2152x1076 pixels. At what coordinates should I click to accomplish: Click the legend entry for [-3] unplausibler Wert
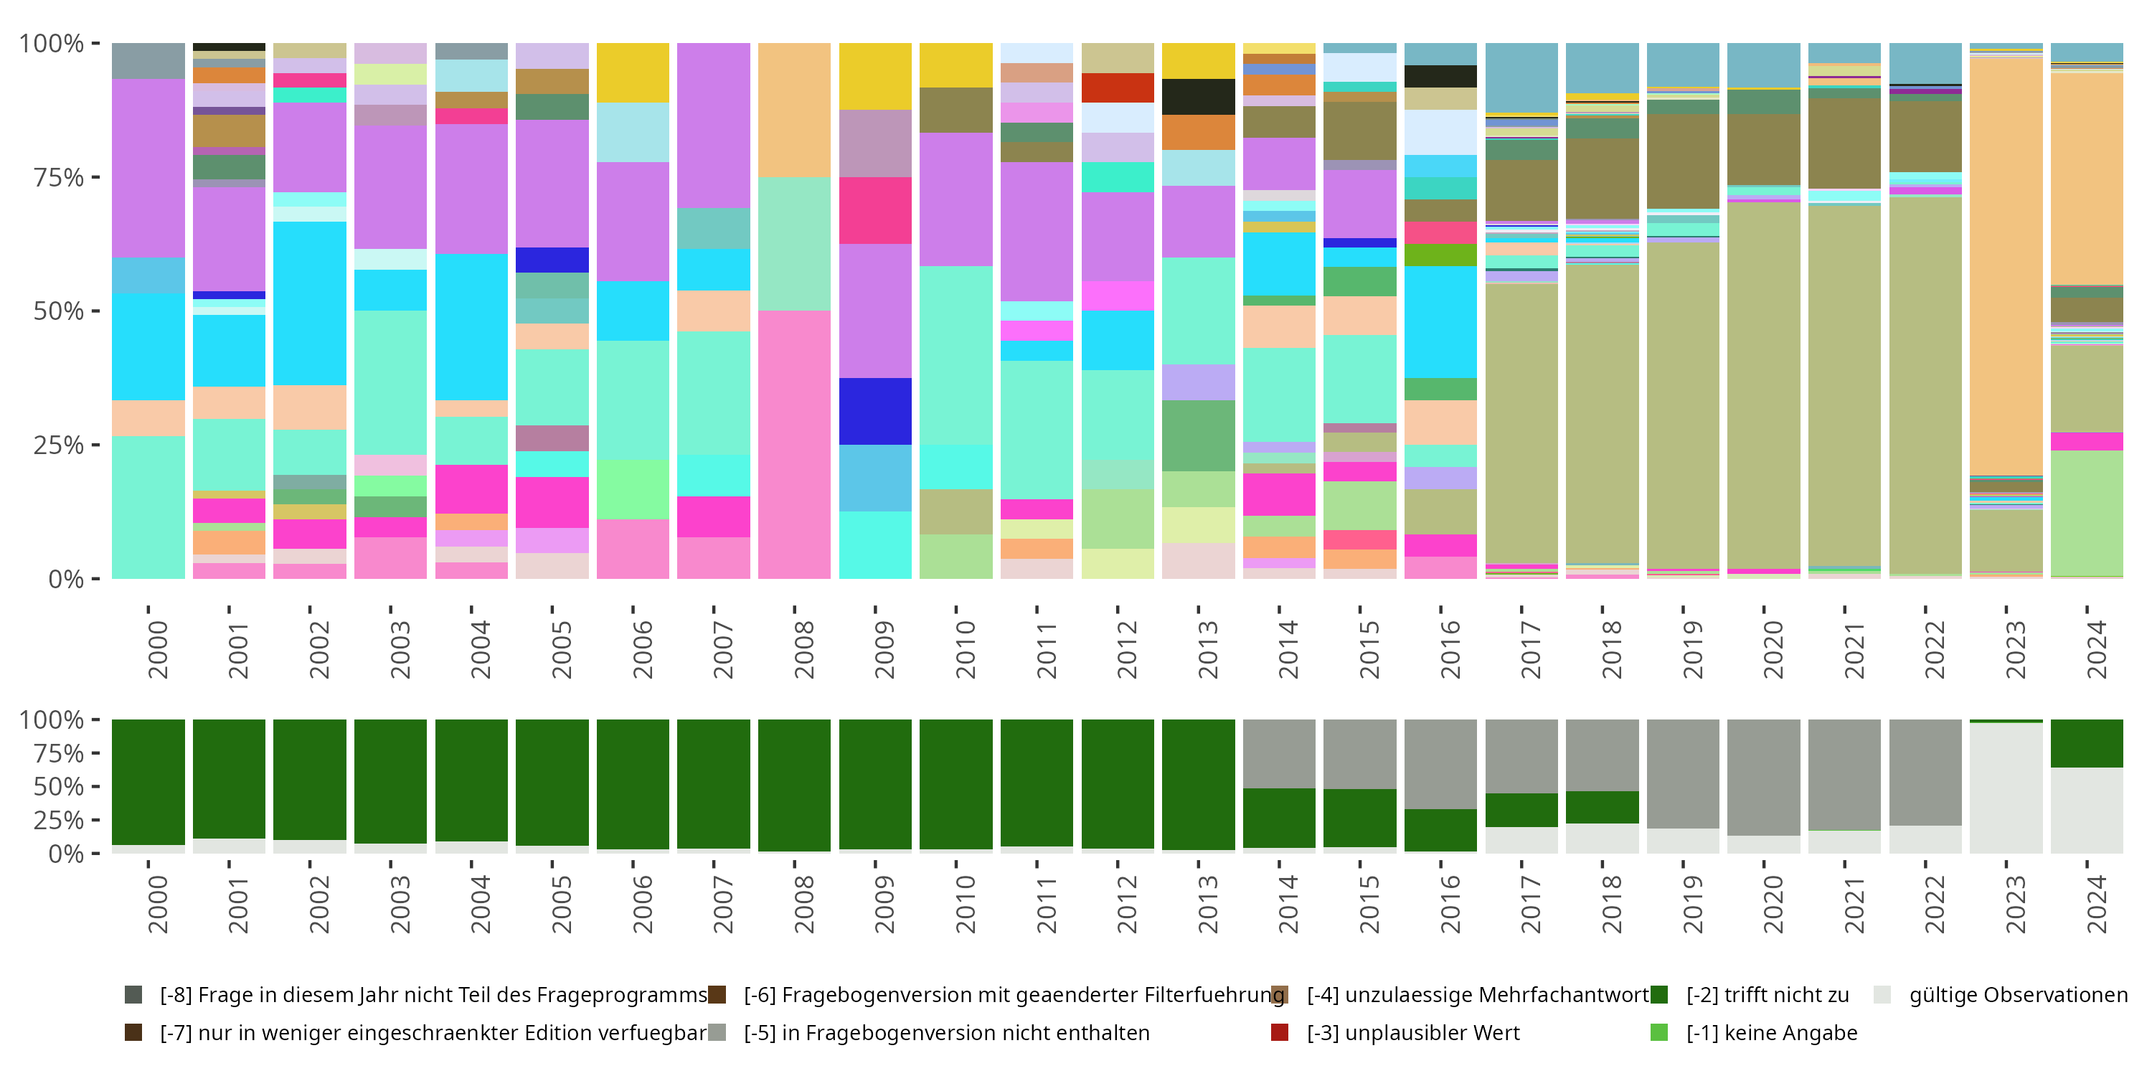coord(1412,1032)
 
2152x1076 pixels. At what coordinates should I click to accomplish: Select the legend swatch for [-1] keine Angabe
coord(1659,1032)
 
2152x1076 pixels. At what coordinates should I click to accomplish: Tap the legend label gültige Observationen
coord(2017,995)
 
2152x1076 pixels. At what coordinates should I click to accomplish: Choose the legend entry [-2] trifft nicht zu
coord(1767,995)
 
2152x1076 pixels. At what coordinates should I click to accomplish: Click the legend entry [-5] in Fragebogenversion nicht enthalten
coord(945,1032)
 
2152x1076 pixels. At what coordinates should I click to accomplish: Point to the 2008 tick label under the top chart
coord(803,649)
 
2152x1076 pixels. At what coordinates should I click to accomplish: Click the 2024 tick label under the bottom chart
coord(2096,904)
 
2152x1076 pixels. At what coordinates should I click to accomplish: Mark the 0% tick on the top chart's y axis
coord(65,579)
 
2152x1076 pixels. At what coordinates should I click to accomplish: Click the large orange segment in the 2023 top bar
coord(2006,268)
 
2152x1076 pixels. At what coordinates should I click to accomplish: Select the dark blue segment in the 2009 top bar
coord(874,411)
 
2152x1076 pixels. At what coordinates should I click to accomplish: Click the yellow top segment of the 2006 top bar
coord(633,72)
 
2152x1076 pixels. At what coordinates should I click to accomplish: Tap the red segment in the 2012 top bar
coord(1117,88)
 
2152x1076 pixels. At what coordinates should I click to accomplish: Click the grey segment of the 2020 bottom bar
coord(1763,777)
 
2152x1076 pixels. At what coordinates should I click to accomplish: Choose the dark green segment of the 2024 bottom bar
coord(2087,742)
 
